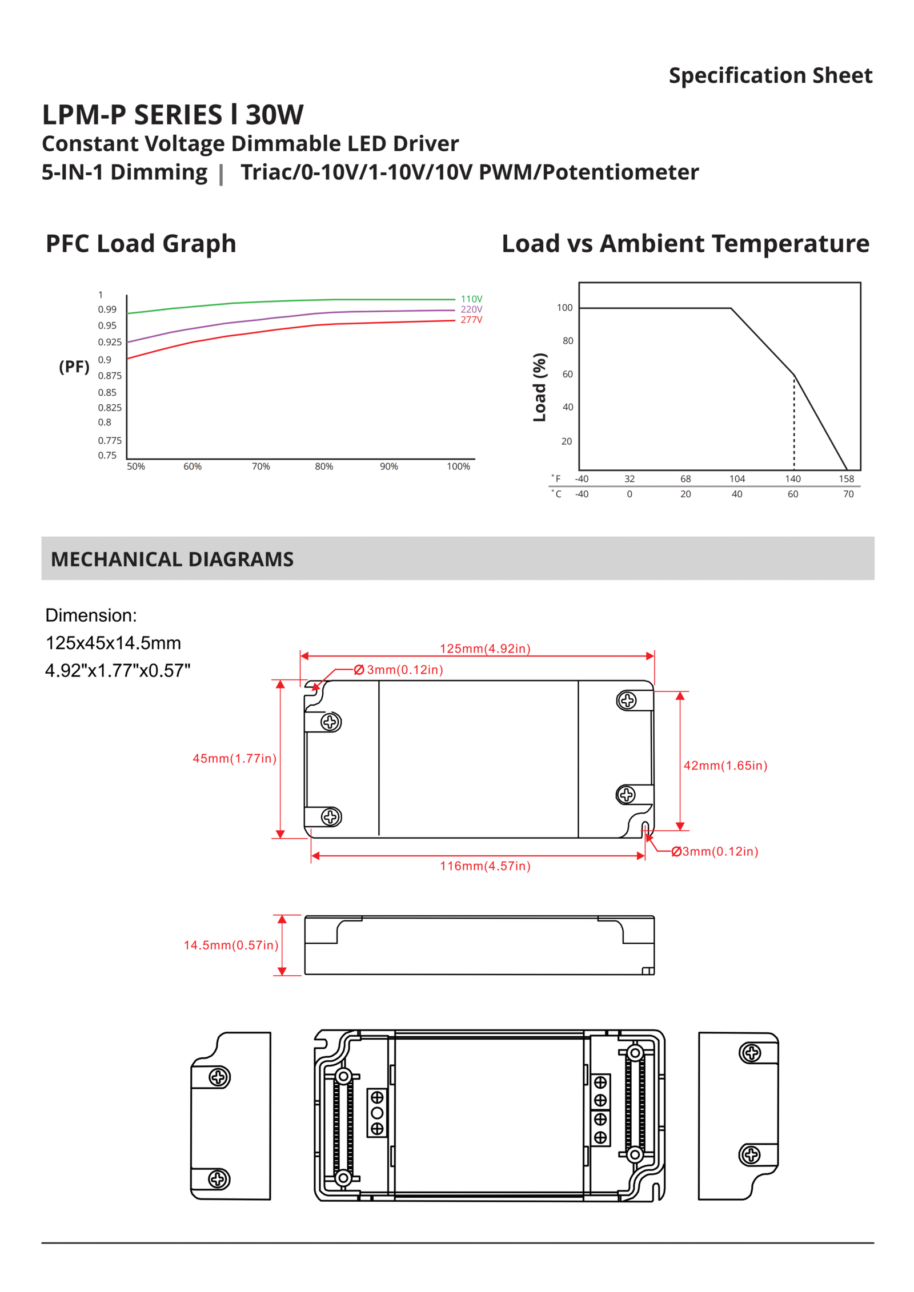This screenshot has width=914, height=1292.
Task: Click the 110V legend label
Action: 471,299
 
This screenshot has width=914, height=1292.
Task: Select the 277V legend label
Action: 471,320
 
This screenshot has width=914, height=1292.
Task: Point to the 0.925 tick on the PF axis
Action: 110,342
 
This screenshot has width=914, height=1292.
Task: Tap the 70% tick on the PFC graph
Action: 260,466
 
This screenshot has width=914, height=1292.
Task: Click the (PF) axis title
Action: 74,367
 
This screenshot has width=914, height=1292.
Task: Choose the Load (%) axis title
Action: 539,388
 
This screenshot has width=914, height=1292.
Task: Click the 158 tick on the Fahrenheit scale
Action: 846,478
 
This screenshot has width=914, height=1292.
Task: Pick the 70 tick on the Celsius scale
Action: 848,494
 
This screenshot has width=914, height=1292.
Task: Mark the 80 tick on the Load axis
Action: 567,341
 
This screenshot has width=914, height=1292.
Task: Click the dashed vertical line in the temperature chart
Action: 793,422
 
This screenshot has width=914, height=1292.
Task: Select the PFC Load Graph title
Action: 141,244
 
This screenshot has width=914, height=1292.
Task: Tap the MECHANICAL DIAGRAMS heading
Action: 172,559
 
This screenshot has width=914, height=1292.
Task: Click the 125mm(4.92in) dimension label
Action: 485,649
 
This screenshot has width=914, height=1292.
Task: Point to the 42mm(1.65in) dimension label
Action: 725,766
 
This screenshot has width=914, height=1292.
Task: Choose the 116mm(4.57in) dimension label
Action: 485,866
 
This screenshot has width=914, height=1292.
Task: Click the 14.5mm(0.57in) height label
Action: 231,945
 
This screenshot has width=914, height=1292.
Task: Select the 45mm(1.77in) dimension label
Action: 234,758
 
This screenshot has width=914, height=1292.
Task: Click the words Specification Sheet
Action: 770,75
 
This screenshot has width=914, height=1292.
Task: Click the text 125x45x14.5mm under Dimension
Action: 113,643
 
